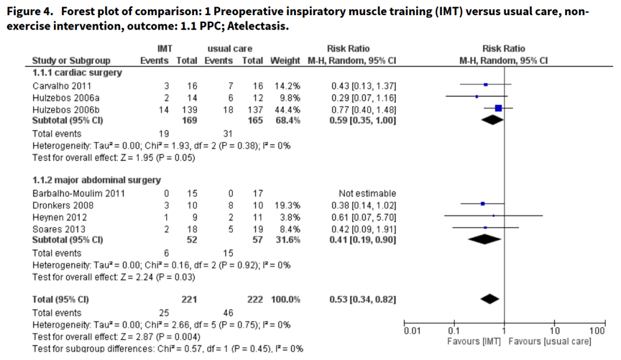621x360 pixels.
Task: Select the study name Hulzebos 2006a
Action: coord(62,96)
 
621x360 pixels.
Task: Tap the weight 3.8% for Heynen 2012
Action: coord(290,216)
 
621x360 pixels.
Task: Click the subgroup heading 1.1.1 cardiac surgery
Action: coord(76,73)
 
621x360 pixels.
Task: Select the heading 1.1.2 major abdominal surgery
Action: coord(96,180)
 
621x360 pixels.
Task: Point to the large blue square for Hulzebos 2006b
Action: coord(498,108)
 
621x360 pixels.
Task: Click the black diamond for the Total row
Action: coord(489,298)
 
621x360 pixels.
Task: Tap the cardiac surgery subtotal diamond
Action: coord(492,120)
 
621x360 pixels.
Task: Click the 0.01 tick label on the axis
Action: coord(413,331)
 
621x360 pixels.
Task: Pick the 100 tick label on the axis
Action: coord(597,331)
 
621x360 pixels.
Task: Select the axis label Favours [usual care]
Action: coord(549,342)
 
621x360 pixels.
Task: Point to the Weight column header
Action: coord(285,61)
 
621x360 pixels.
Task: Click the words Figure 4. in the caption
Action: coord(30,12)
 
